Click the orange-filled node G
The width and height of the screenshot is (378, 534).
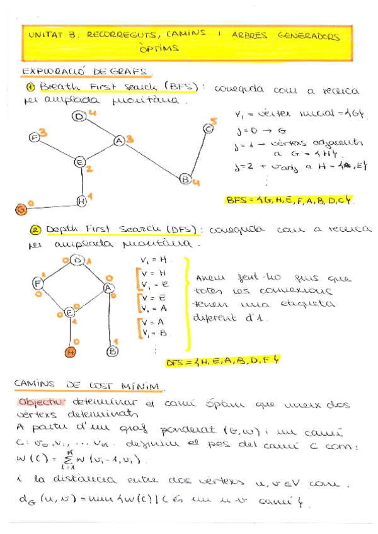click(21, 208)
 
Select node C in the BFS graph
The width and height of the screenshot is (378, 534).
click(209, 130)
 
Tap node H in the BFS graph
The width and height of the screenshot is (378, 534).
click(81, 202)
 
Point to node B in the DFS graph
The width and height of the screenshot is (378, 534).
click(113, 351)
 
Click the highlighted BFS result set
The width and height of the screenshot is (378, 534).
click(290, 200)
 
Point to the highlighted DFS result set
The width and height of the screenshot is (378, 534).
click(222, 362)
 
